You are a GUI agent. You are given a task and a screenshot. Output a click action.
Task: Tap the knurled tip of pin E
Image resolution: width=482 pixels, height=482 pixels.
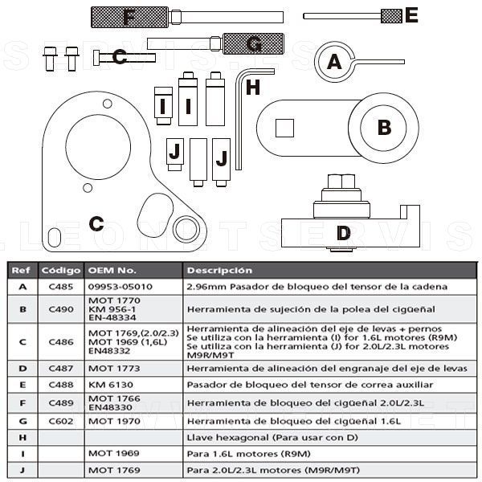click(390, 15)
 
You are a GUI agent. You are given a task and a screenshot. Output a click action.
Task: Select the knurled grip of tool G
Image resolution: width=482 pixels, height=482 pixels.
click(251, 43)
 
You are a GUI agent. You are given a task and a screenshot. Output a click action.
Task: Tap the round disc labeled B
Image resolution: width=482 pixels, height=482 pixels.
click(384, 127)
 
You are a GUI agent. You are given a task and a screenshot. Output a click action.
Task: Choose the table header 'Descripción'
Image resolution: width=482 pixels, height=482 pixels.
click(219, 271)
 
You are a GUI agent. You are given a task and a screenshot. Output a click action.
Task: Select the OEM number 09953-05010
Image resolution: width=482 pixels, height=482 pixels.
click(120, 286)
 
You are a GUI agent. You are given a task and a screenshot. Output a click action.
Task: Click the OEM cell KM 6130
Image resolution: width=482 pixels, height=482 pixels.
click(112, 384)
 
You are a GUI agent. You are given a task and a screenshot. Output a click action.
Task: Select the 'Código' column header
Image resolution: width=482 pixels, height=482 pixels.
click(61, 271)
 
